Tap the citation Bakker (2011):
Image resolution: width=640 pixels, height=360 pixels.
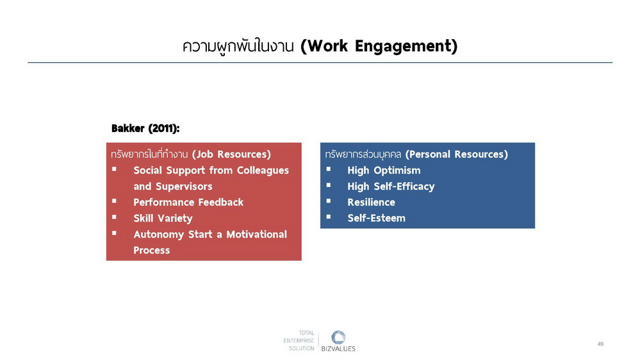(x=145, y=129)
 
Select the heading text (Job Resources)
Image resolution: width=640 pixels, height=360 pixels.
(x=231, y=154)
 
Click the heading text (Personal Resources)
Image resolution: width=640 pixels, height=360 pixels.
(x=457, y=154)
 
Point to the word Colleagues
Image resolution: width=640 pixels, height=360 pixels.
(x=263, y=170)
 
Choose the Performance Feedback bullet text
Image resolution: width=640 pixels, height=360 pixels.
(x=188, y=202)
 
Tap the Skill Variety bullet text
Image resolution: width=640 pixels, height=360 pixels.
(x=163, y=218)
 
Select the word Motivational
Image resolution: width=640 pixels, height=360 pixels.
(x=257, y=234)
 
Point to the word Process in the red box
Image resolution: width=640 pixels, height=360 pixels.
(x=151, y=250)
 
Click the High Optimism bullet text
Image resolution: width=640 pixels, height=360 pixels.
(x=384, y=170)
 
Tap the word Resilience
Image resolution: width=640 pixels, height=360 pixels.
(x=371, y=202)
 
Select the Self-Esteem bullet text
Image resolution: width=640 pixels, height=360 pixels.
(x=376, y=218)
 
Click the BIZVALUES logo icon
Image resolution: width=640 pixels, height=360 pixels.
(x=338, y=338)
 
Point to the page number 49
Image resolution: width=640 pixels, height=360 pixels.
(x=600, y=344)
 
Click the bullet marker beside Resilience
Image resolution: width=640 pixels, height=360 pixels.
(x=329, y=200)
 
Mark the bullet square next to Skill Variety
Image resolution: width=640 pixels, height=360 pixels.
(x=114, y=217)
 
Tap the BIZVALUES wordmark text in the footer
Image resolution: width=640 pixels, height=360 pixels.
(x=338, y=349)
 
